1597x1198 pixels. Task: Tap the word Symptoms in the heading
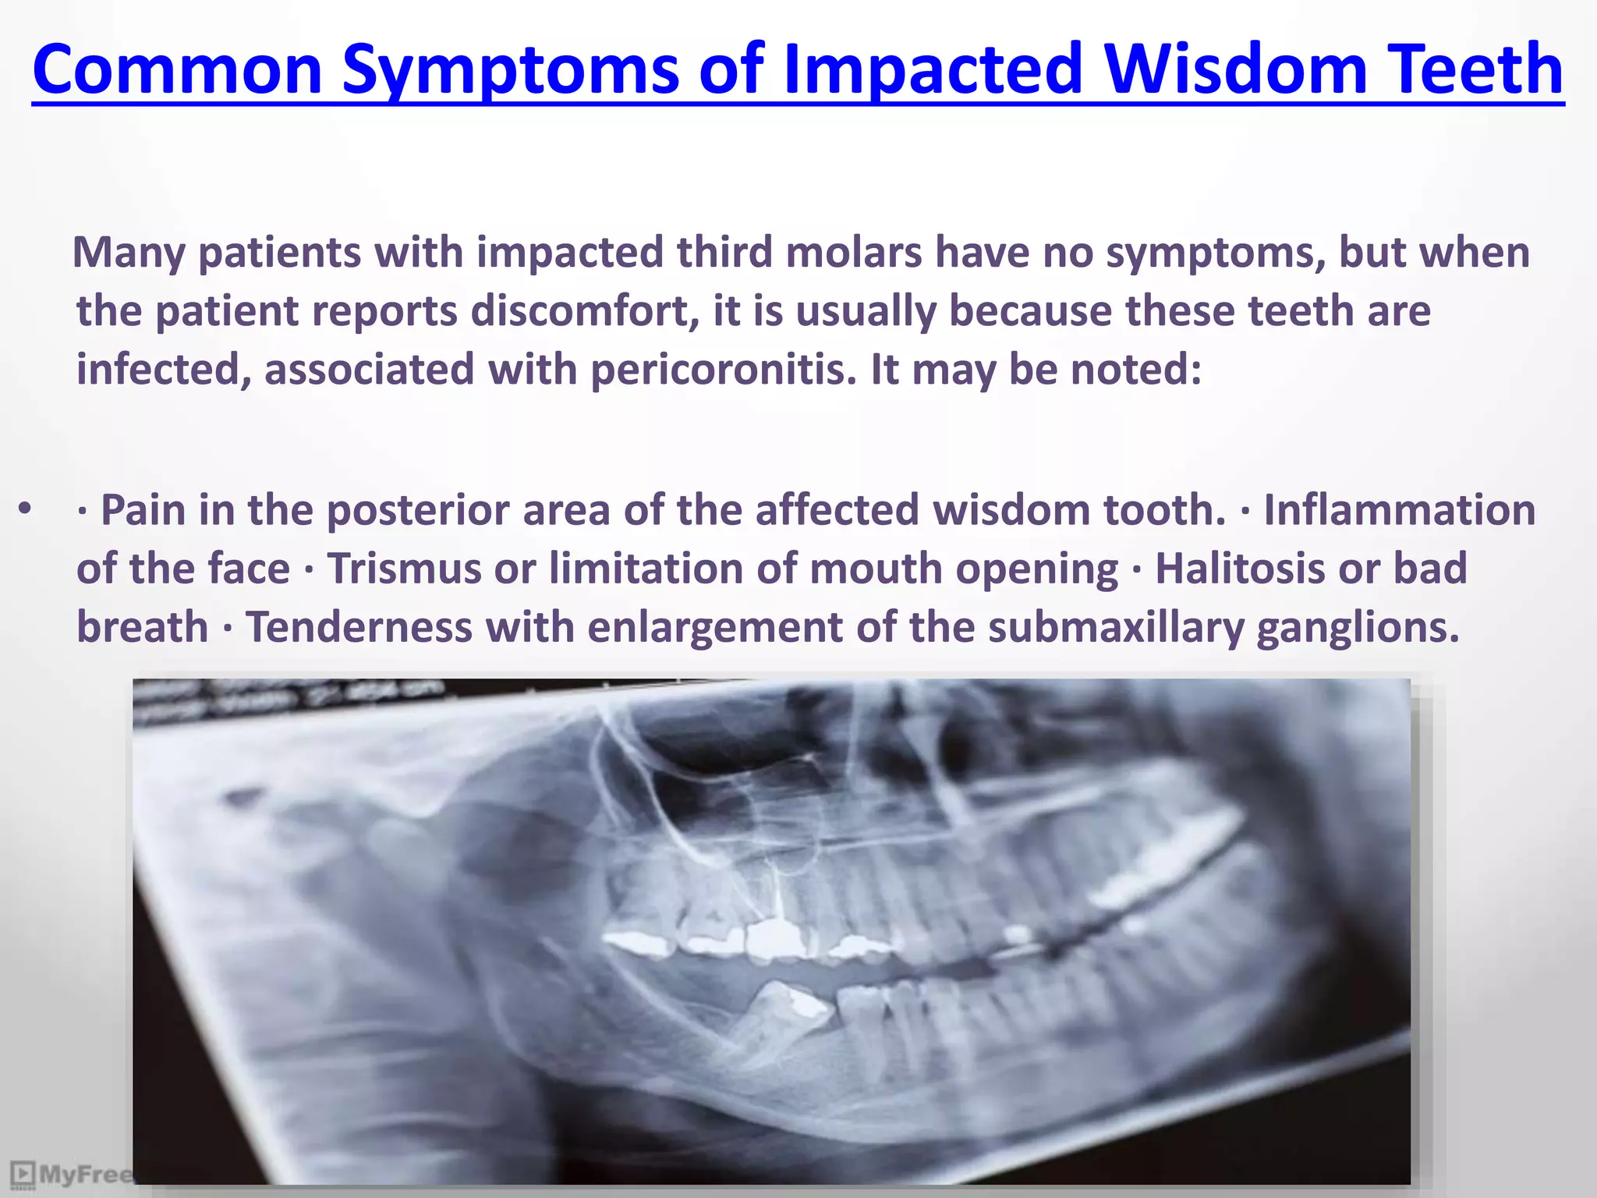click(511, 70)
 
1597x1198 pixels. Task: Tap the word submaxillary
click(1116, 627)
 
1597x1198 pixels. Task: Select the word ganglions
click(1358, 627)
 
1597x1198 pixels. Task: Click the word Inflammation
click(1399, 510)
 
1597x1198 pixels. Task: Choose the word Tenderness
click(359, 627)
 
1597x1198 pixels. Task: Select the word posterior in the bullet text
click(468, 510)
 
